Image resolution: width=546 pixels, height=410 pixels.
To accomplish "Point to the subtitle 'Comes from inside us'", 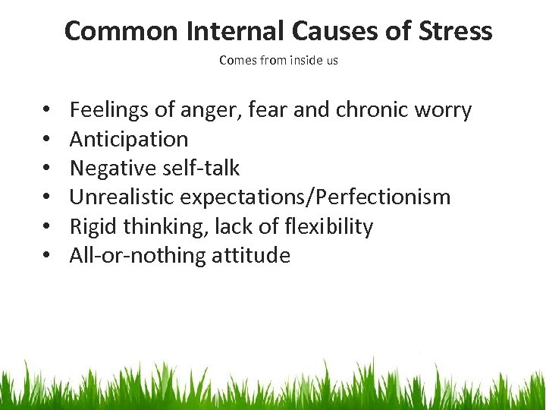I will [x=278, y=61].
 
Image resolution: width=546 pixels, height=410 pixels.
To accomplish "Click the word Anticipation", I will [x=129, y=140].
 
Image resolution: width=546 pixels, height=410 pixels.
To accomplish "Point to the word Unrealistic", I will [x=122, y=197].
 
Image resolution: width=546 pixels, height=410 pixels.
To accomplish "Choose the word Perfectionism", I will [x=388, y=197].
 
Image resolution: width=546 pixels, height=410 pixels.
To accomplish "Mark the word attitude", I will [x=253, y=255].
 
